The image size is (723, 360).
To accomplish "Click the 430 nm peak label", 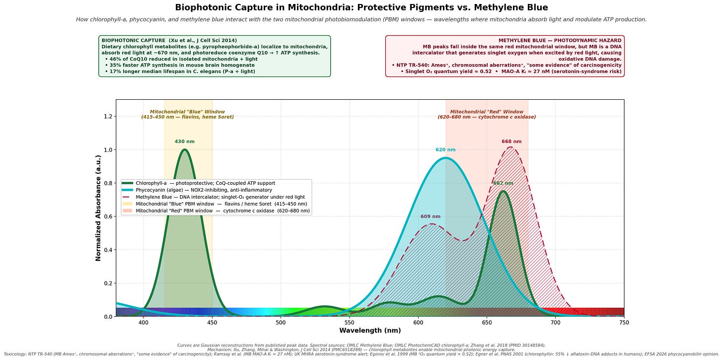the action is pyautogui.click(x=185, y=142).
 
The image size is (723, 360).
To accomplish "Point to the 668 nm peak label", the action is pyautogui.click(x=511, y=142).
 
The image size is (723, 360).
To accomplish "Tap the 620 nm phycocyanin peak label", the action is pyautogui.click(x=445, y=150).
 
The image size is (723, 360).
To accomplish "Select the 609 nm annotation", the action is pyautogui.click(x=430, y=216).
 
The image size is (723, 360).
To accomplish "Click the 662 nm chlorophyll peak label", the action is pyautogui.click(x=503, y=183).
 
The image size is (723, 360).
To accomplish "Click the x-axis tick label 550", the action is pyautogui.click(x=349, y=323).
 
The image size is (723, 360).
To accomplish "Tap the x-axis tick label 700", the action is pyautogui.click(x=556, y=323).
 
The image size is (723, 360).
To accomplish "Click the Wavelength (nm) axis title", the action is pyautogui.click(x=370, y=331).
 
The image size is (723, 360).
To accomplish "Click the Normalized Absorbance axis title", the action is pyautogui.click(x=98, y=208).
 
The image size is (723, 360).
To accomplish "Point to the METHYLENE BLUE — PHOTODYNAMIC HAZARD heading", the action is pyautogui.click(x=560, y=41).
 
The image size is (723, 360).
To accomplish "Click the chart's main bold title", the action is pyautogui.click(x=361, y=7).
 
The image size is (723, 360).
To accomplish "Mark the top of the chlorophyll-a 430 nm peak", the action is pyautogui.click(x=185, y=149).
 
